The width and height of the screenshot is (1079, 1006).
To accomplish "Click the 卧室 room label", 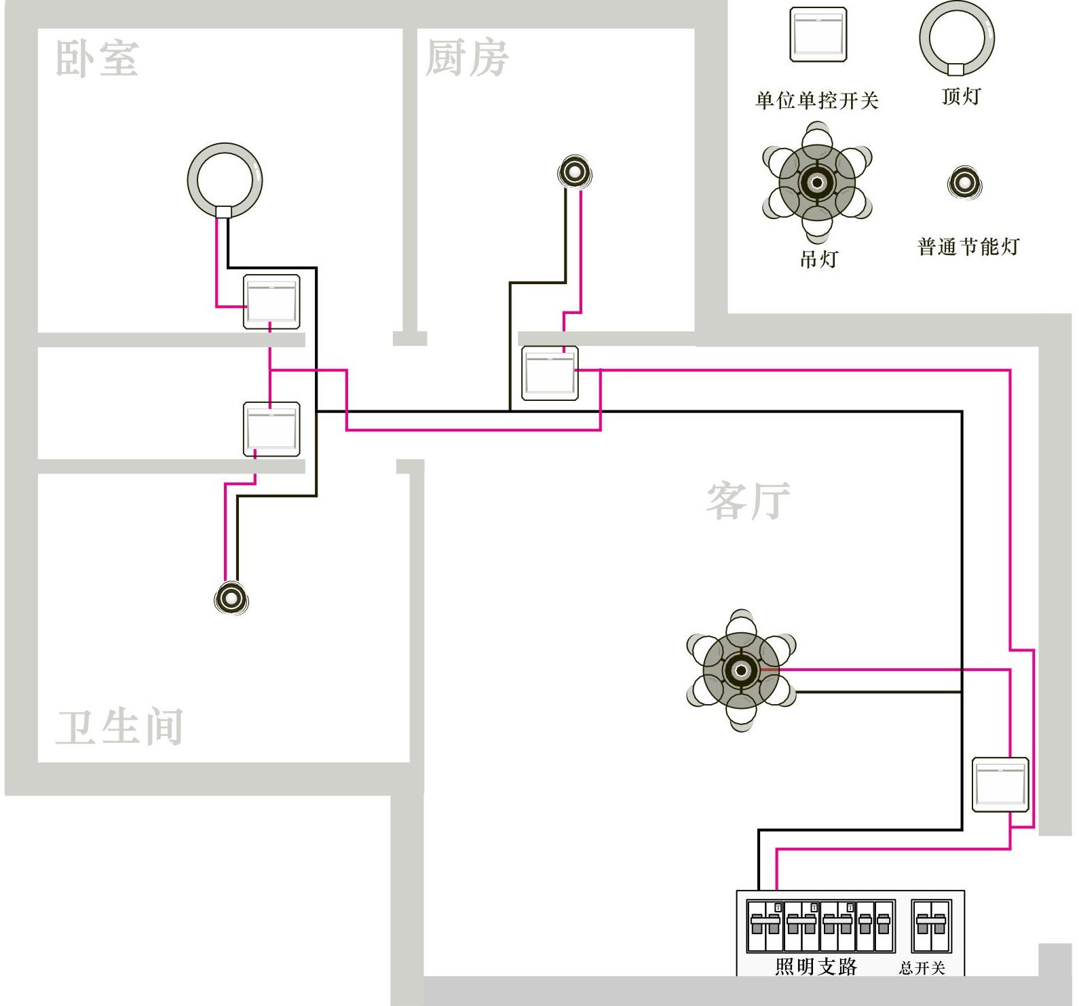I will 97,58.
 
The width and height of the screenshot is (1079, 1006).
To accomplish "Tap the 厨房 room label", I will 467,58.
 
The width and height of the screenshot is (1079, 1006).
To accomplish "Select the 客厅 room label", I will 748,501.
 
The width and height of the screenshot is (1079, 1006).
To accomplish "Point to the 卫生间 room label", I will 119,727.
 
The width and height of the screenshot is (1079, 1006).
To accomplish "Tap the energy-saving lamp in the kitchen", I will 575,173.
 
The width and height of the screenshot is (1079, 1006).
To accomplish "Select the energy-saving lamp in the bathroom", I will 231,598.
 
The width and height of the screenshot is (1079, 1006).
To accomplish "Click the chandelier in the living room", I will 741,670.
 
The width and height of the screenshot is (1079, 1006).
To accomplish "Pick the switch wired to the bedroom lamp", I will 271,302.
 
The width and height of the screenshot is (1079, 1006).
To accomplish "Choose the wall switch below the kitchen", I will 550,373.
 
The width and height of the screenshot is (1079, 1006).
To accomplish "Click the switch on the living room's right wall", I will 1000,784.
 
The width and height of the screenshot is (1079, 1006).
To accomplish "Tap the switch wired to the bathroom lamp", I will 271,429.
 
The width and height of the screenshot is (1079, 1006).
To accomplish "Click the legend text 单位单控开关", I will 817,101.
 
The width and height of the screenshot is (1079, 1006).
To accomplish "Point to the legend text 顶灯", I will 961,96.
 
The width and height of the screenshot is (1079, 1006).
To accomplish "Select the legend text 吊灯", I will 818,259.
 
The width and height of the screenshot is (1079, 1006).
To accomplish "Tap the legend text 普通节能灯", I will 968,246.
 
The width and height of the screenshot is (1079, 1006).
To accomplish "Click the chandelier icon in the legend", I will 817,182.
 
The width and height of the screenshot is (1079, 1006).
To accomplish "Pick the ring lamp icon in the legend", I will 957,38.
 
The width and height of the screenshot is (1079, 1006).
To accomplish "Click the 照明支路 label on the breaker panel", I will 816,966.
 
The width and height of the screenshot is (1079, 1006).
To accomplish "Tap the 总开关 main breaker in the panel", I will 931,926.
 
